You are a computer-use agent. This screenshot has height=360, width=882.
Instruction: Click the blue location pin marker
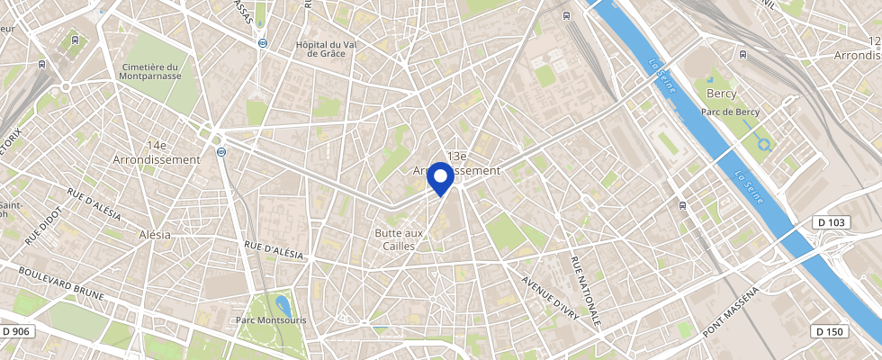click(440, 176)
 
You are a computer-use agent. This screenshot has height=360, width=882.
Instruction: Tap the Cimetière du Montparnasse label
click(149, 72)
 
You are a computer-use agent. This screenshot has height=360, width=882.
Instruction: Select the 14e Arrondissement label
click(157, 152)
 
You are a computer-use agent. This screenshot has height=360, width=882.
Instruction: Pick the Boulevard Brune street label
click(60, 283)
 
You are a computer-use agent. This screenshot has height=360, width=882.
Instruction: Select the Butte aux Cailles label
click(399, 239)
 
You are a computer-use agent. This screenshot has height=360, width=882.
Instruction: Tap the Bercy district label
click(722, 94)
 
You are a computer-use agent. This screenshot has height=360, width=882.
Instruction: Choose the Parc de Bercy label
click(730, 112)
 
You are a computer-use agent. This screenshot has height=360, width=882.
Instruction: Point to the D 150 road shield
click(829, 331)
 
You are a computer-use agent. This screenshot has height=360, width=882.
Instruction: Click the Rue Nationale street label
click(585, 291)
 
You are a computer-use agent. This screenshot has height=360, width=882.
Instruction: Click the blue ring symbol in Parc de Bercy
click(765, 142)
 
